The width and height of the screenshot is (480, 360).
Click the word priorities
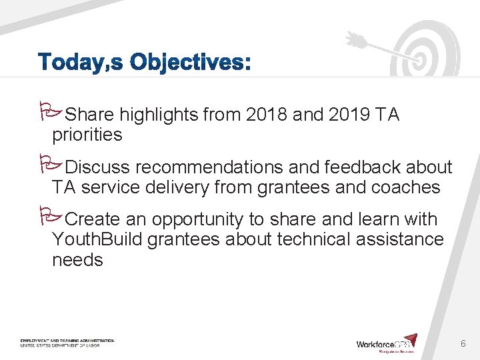(87, 135)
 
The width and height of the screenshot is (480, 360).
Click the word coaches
(404, 187)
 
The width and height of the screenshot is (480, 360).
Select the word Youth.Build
(97, 239)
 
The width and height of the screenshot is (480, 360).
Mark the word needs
(77, 259)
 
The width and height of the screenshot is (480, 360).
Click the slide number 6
(463, 343)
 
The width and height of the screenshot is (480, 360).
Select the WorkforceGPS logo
(387, 343)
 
